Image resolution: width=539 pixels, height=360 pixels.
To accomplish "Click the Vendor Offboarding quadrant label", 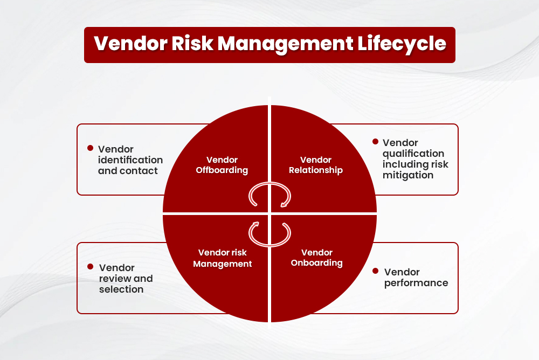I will [x=222, y=165].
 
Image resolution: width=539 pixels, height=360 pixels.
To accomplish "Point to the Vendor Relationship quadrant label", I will [x=316, y=165].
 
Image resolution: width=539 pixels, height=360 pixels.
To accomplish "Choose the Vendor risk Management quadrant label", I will [x=223, y=258].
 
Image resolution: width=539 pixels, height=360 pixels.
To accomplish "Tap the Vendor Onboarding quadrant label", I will [x=317, y=258].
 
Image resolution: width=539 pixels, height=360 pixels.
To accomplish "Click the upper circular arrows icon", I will [x=269, y=195].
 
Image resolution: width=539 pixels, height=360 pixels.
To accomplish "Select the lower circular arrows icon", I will [x=269, y=232].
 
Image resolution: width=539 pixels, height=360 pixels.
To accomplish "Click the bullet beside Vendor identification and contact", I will [x=91, y=148].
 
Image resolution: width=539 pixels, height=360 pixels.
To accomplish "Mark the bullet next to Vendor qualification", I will [x=375, y=142].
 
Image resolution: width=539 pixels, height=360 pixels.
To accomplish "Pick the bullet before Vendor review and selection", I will [x=91, y=267].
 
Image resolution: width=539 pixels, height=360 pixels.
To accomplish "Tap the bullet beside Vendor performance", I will [x=376, y=271].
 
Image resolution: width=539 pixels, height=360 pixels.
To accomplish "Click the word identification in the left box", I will [x=130, y=160].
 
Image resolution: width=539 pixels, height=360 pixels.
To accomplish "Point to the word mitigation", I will [x=408, y=175].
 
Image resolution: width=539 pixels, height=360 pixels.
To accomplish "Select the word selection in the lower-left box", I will [x=121, y=289].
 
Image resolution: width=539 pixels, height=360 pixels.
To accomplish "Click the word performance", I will [x=416, y=283].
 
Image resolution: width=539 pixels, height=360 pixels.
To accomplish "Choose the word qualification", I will [x=413, y=154].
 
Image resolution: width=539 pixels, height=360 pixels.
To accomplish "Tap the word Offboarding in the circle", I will [x=222, y=170].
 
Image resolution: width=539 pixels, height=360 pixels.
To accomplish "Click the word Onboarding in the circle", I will [x=317, y=264].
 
